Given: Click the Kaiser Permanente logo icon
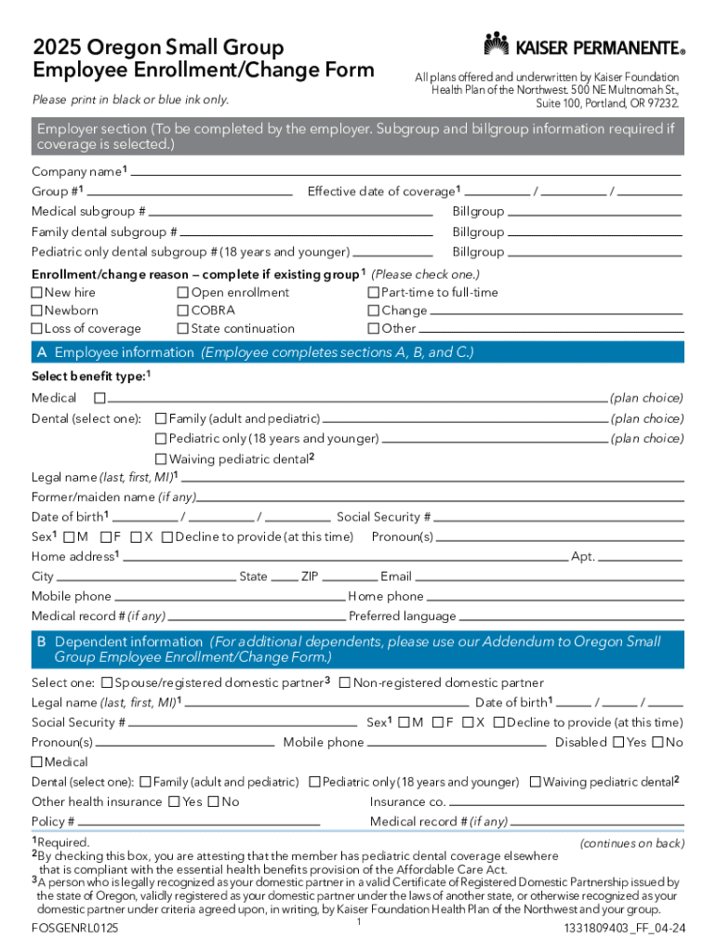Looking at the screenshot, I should tap(497, 44).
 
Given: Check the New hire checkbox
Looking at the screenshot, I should tap(37, 293).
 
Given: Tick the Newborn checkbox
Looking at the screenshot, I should tap(37, 311).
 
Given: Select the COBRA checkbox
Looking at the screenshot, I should tap(183, 311).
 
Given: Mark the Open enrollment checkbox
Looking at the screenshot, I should tap(183, 293).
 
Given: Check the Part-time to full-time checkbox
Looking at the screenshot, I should tap(374, 293).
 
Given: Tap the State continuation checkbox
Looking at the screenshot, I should tap(183, 328).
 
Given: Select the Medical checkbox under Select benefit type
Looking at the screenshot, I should tap(99, 398).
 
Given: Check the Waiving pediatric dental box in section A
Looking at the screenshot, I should tap(161, 459).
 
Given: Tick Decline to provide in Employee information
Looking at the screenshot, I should tap(166, 537).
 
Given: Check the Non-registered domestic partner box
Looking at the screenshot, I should tap(345, 683).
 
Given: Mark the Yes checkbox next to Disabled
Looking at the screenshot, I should tap(617, 742).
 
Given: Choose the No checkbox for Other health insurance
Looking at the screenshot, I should tap(214, 802).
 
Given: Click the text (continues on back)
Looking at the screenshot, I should tap(631, 843).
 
